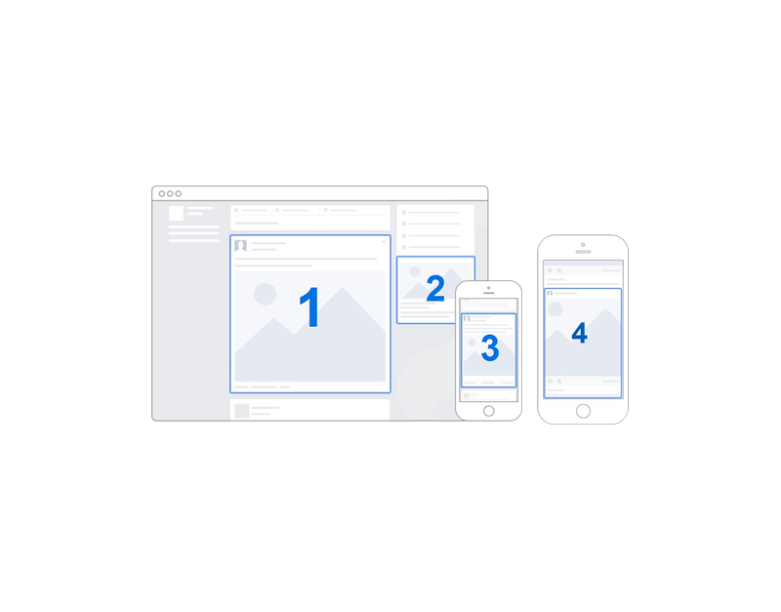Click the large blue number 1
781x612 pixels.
(x=309, y=307)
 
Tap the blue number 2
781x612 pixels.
(x=435, y=288)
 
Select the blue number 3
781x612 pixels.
(x=490, y=347)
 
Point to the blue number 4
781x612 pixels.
(x=579, y=333)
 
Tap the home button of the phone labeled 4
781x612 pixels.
(x=583, y=411)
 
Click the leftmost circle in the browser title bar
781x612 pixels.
(x=162, y=193)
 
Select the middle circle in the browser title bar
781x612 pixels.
(x=170, y=193)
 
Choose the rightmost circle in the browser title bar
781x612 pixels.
(x=178, y=193)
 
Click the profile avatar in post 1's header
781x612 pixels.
(x=240, y=246)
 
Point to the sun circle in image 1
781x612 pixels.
(x=265, y=294)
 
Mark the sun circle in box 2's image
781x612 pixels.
(x=415, y=271)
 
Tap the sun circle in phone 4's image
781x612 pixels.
(x=555, y=309)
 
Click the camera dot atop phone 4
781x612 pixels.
(x=583, y=244)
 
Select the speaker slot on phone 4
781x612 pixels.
(x=583, y=252)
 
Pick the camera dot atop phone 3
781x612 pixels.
(x=489, y=288)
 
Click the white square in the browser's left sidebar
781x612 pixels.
(x=177, y=213)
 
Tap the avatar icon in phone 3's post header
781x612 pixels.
(x=467, y=319)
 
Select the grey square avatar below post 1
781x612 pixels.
(x=242, y=410)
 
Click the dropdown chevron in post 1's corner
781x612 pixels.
(x=384, y=242)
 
